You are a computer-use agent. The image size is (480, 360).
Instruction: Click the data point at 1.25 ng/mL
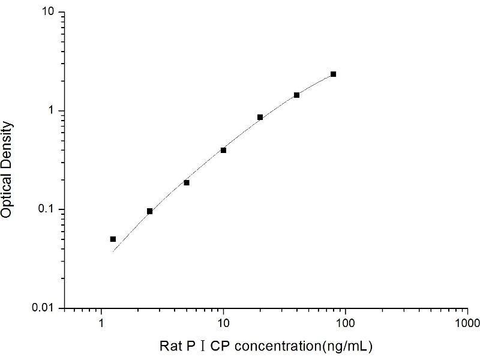point(113,239)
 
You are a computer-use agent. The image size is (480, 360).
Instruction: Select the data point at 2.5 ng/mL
point(149,211)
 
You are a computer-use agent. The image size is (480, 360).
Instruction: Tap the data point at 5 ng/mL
point(187,182)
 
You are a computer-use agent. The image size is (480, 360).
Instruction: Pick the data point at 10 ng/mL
point(223,150)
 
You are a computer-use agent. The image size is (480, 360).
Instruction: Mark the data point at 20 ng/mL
point(260,117)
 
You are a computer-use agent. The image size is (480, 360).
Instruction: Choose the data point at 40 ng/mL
point(296,95)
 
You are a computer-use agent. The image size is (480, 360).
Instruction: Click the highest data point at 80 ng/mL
point(333,74)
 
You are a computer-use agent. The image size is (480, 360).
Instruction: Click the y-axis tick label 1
point(53,111)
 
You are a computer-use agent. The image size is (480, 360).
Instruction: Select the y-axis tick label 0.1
point(49,209)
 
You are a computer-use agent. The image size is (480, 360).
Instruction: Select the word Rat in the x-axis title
point(169,346)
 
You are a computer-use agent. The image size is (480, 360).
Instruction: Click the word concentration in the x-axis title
point(255,346)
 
